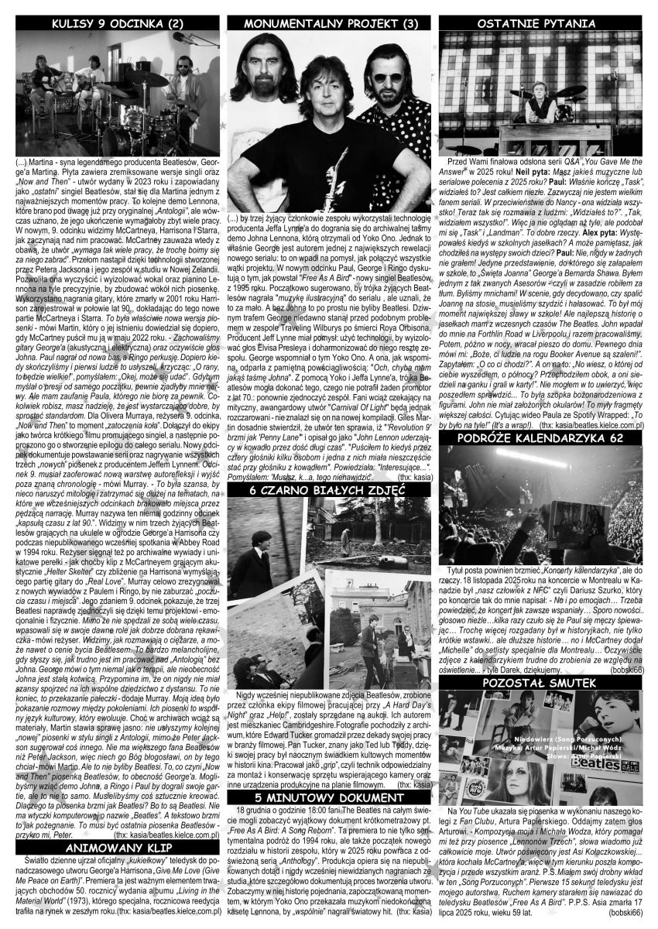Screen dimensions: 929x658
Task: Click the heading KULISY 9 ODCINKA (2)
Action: click(x=115, y=23)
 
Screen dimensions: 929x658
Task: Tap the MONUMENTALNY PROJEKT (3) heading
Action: click(x=330, y=23)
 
